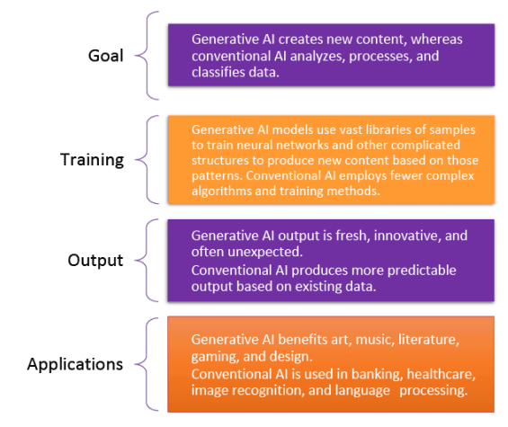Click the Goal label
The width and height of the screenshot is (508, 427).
(105, 56)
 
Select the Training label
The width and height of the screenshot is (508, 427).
(92, 160)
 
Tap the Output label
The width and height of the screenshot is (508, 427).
(95, 261)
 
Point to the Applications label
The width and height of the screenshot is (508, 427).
(76, 364)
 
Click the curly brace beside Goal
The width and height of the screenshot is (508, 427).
(141, 56)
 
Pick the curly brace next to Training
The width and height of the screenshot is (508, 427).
(141, 159)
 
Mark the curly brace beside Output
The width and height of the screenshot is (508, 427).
(141, 260)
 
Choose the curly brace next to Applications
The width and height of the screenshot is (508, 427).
(141, 364)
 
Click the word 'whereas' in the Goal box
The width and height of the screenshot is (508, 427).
(436, 40)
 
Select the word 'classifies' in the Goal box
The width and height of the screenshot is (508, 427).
(218, 72)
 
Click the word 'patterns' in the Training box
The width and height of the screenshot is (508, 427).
(217, 176)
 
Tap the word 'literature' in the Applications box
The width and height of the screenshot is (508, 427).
(429, 340)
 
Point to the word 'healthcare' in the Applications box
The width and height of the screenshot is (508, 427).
(441, 374)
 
